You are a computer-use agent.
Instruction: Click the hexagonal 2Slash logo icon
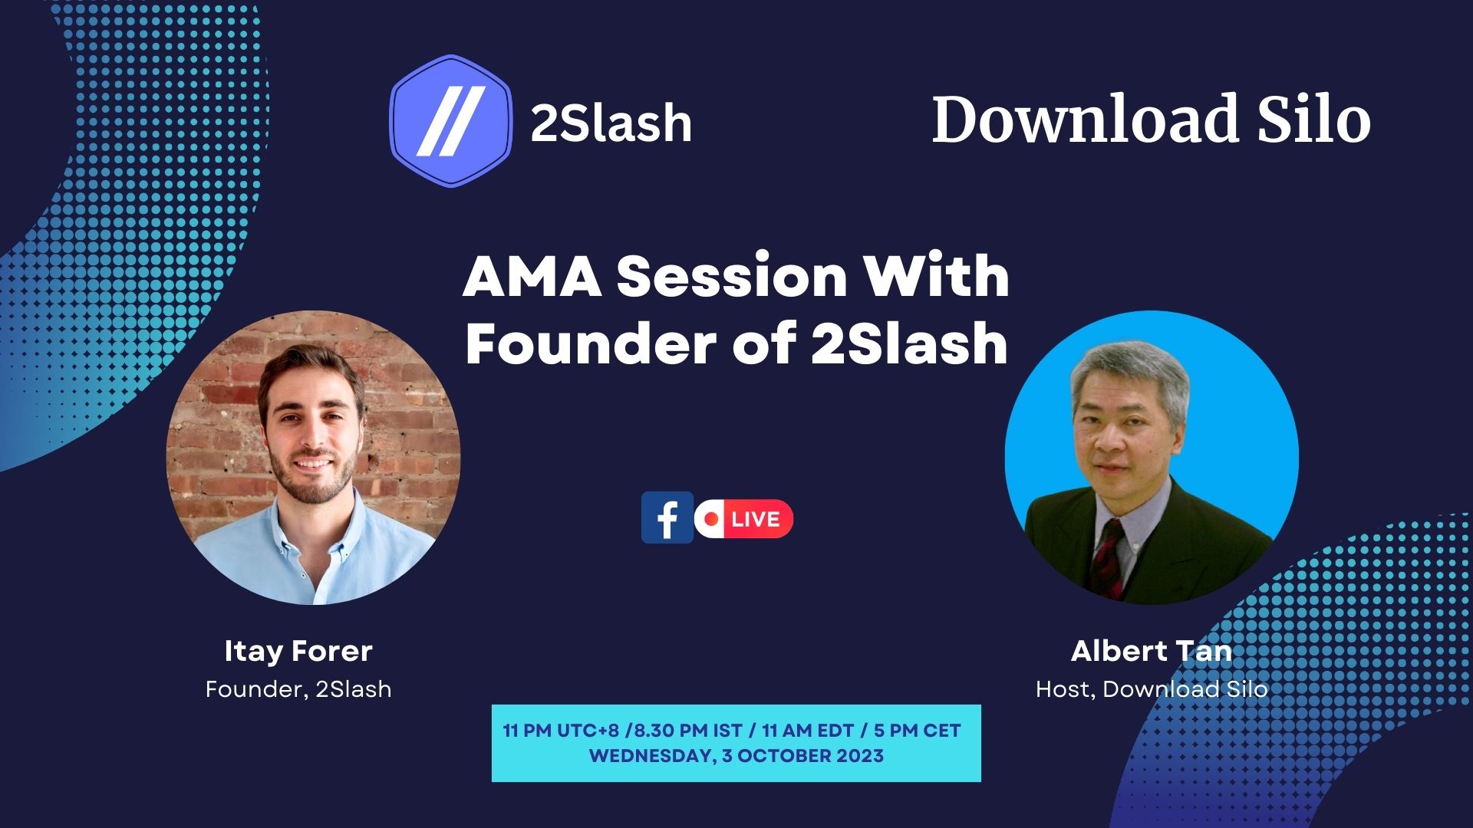coord(451,121)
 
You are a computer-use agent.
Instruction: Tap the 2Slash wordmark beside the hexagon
coord(611,123)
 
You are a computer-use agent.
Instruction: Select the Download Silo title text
coord(1151,119)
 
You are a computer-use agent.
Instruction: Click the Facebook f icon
coord(667,517)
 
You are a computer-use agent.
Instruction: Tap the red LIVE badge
coord(744,519)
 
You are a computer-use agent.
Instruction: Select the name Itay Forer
coord(298,651)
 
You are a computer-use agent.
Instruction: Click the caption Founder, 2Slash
coord(298,689)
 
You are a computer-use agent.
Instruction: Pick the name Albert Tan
coord(1152,651)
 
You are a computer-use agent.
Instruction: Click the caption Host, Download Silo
coord(1152,689)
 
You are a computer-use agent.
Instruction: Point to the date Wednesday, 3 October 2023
coord(736,756)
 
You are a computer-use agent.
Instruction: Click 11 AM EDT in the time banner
coord(808,731)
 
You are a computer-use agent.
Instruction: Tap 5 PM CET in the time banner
coord(918,731)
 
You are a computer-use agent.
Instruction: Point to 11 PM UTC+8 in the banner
coord(561,731)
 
